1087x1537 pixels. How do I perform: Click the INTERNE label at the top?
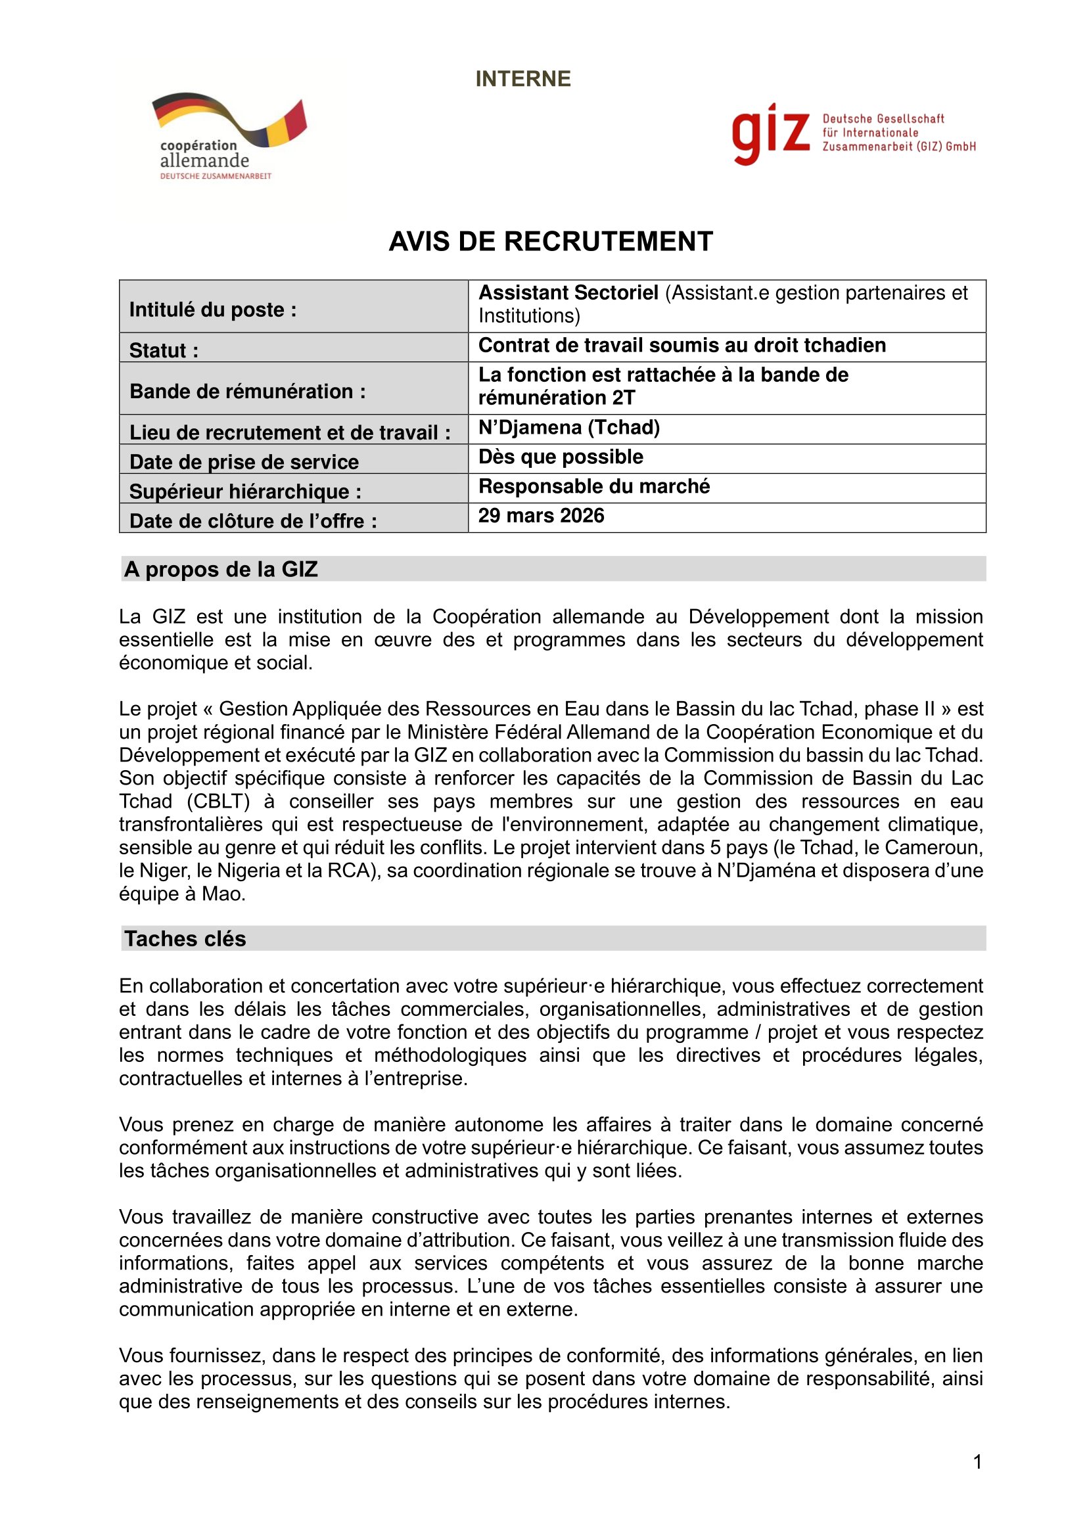522,79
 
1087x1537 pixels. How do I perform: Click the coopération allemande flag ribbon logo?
229,119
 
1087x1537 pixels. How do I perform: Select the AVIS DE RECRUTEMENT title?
550,242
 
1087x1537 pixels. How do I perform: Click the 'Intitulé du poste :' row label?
213,310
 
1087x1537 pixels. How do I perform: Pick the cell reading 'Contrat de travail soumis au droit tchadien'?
682,346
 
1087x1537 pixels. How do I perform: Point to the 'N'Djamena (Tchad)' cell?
569,427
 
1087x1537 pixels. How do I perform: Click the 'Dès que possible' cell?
560,457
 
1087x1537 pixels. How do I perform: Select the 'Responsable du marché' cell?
593,486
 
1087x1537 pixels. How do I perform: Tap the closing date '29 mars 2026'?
541,515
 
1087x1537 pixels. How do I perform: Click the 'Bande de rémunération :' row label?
248,391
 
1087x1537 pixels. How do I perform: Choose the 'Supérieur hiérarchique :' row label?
245,492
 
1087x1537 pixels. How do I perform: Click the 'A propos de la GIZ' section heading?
221,569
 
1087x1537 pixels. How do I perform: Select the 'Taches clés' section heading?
185,938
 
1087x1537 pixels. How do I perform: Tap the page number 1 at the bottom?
977,1462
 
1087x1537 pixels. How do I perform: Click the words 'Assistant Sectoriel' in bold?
568,293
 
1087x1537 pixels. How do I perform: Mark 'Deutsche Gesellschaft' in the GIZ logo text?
883,119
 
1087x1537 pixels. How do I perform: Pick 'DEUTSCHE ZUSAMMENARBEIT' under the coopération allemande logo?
216,176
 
